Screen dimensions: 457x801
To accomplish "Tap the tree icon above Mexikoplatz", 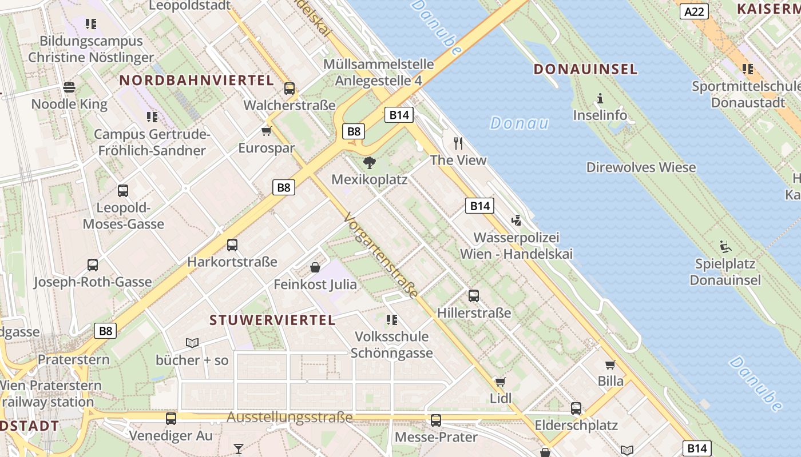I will pyautogui.click(x=370, y=163).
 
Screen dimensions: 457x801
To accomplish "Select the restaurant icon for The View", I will pyautogui.click(x=458, y=143).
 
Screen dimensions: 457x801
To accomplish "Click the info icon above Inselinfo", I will pyautogui.click(x=600, y=98).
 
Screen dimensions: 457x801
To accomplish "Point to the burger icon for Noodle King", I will pyautogui.click(x=69, y=87).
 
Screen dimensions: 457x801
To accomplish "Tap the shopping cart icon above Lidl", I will pyautogui.click(x=501, y=381).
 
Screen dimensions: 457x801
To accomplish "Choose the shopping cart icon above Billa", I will pyautogui.click(x=610, y=364).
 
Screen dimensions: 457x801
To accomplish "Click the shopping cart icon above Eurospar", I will pyautogui.click(x=266, y=131).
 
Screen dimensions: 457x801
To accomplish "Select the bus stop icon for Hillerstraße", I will pyautogui.click(x=474, y=295).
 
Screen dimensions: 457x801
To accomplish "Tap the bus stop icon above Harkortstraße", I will pyautogui.click(x=232, y=244).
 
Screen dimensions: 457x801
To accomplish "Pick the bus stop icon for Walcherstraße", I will pyautogui.click(x=289, y=88).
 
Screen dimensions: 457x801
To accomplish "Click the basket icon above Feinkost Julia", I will pyautogui.click(x=315, y=267).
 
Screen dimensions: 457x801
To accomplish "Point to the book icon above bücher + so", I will pyautogui.click(x=192, y=343).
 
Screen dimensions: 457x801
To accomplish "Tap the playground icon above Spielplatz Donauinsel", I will pyautogui.click(x=725, y=247).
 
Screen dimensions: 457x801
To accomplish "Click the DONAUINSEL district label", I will pyautogui.click(x=585, y=70).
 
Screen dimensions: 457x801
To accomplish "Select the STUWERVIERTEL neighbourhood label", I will pyautogui.click(x=272, y=320).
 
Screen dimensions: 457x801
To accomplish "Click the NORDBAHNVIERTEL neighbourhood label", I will pyautogui.click(x=196, y=81).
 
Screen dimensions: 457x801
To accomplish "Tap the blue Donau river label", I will pyautogui.click(x=519, y=123).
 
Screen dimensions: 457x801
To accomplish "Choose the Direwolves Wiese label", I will pyautogui.click(x=641, y=167).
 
